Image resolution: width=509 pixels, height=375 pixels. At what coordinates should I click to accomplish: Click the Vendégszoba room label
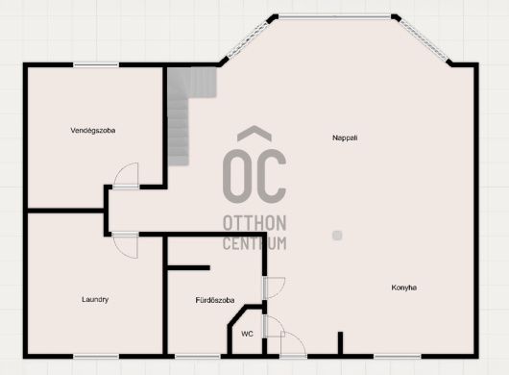click(93, 131)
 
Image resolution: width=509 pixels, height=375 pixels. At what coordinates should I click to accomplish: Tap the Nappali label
click(345, 137)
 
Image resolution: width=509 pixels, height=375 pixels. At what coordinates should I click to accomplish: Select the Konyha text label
click(403, 287)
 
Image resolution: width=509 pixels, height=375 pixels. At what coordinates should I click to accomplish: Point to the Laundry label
click(95, 300)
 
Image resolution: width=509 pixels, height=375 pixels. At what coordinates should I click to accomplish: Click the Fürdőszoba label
click(215, 300)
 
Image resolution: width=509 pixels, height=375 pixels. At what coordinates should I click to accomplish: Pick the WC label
click(247, 334)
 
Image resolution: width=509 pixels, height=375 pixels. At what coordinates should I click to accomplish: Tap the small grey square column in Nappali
click(337, 236)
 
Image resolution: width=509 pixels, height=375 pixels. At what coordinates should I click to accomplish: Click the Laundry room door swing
click(125, 246)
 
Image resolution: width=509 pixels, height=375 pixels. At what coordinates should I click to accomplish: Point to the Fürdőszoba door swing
click(275, 287)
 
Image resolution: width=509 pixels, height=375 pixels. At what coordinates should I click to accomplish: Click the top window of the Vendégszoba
click(96, 65)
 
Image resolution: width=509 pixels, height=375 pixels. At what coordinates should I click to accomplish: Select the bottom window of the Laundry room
click(96, 357)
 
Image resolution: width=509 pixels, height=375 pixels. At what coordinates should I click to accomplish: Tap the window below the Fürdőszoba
click(198, 357)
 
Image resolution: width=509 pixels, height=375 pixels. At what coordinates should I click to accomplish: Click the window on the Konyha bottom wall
click(398, 357)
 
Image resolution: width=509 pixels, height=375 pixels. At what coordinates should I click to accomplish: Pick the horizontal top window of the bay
click(334, 16)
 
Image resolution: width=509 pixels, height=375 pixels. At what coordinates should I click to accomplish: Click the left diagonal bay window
click(248, 39)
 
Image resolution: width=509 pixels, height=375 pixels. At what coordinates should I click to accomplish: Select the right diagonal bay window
click(424, 40)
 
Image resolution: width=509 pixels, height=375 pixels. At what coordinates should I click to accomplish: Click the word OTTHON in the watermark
click(254, 223)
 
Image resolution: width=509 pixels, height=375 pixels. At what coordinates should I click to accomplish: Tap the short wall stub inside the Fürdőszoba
click(188, 267)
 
